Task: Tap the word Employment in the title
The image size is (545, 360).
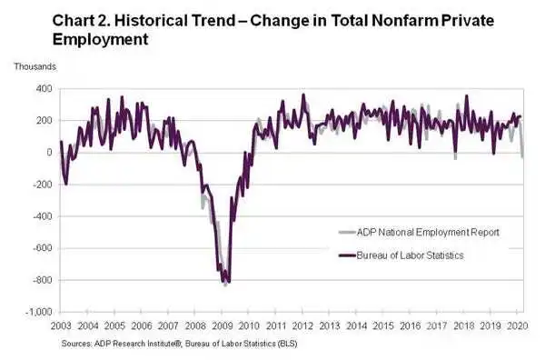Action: point(101,39)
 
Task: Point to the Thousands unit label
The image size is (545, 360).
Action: point(35,66)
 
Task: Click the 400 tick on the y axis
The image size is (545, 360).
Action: point(45,89)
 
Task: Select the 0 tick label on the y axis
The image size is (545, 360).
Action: point(49,153)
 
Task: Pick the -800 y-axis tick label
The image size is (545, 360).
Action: point(43,280)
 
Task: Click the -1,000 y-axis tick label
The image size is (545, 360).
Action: point(39,312)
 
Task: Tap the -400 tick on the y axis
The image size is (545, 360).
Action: point(43,216)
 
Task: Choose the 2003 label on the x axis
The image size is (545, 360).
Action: point(61,326)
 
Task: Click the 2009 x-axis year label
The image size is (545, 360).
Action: point(223,326)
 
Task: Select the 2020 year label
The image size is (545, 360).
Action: point(518,326)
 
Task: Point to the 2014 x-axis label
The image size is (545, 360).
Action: point(357,326)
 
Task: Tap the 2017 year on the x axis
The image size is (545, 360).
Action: point(437,326)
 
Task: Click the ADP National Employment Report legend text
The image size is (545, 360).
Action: point(428,233)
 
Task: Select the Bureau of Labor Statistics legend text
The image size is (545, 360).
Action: point(411,255)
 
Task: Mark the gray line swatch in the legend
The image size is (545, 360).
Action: point(347,233)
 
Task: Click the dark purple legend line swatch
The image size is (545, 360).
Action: point(347,255)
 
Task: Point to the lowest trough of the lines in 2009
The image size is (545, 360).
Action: point(225,285)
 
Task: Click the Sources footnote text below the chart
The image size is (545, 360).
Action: point(179,344)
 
